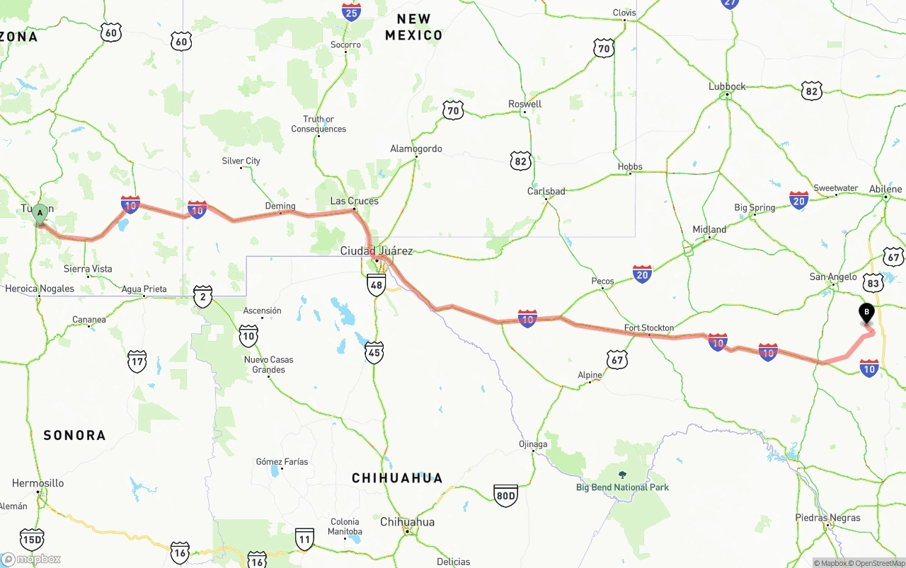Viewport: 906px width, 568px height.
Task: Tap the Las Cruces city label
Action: [x=354, y=202]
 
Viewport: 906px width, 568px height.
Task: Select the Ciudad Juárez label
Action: [x=376, y=251]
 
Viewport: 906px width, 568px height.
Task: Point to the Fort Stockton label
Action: [x=648, y=328]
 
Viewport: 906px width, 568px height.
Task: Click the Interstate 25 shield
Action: [x=351, y=11]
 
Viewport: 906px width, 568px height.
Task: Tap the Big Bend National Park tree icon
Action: [x=622, y=475]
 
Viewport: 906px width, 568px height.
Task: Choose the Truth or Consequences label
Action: [x=319, y=124]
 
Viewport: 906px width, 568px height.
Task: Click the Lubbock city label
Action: [x=727, y=87]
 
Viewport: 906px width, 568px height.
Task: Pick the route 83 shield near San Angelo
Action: [x=873, y=284]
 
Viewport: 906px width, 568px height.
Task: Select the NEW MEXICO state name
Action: [x=413, y=27]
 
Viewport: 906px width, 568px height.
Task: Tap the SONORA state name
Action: [x=74, y=435]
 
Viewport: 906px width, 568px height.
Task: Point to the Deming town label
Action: [x=280, y=207]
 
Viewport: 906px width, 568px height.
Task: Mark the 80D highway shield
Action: [x=505, y=495]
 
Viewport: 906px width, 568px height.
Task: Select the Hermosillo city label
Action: [x=38, y=483]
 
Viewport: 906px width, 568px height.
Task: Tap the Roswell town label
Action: [x=524, y=104]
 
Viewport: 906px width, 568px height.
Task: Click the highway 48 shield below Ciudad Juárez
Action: [x=376, y=285]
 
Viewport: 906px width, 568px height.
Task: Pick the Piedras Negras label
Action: [x=827, y=518]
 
